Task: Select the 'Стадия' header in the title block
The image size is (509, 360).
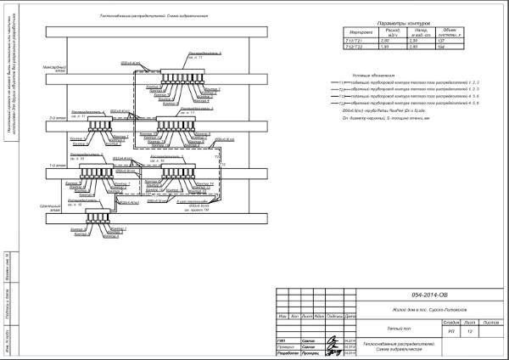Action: click(x=451, y=323)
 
